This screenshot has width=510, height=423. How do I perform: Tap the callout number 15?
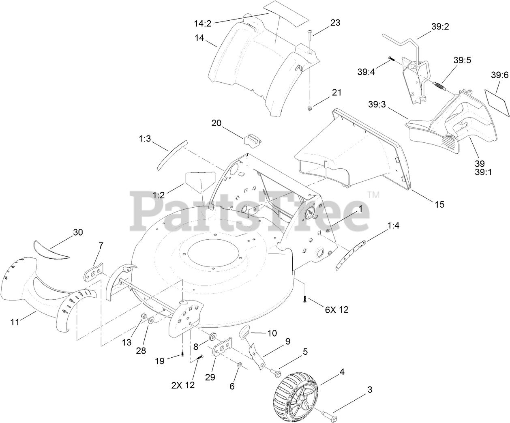[x=439, y=204]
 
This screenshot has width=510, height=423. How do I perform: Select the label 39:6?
[x=499, y=75]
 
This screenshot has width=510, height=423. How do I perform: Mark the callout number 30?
[x=77, y=232]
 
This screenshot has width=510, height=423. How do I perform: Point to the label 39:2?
[x=440, y=27]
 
